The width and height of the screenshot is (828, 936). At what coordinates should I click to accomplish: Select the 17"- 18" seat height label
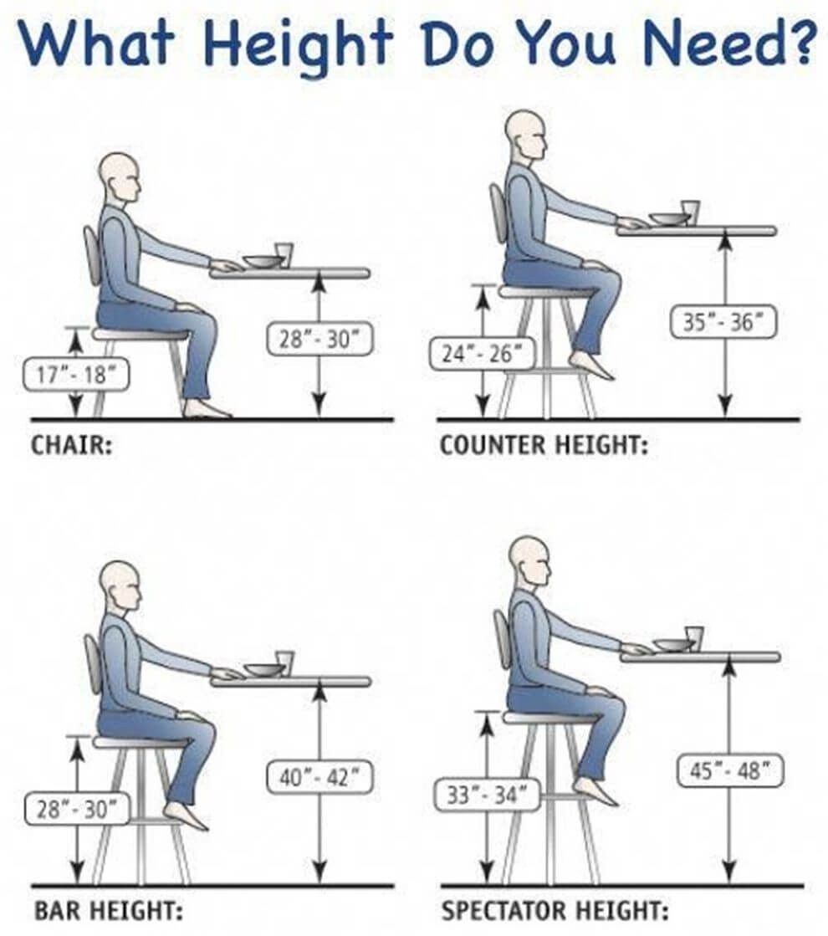pos(76,374)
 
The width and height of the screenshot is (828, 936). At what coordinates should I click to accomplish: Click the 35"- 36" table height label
pos(723,322)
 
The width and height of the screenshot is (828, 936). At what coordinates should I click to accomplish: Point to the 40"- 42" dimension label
pos(319,777)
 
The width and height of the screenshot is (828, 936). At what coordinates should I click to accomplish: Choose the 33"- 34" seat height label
pos(488,795)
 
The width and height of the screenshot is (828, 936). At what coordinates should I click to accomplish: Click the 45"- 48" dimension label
pos(728,770)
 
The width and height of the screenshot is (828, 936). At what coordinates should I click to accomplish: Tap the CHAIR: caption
pos(72,445)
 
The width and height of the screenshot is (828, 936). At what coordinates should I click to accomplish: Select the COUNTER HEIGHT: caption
pos(544,445)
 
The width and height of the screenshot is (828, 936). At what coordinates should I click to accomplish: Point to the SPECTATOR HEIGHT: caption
pos(555,911)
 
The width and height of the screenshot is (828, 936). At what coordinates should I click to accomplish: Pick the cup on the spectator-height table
pos(693,637)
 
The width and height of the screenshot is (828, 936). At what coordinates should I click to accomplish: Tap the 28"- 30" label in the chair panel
pos(319,339)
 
